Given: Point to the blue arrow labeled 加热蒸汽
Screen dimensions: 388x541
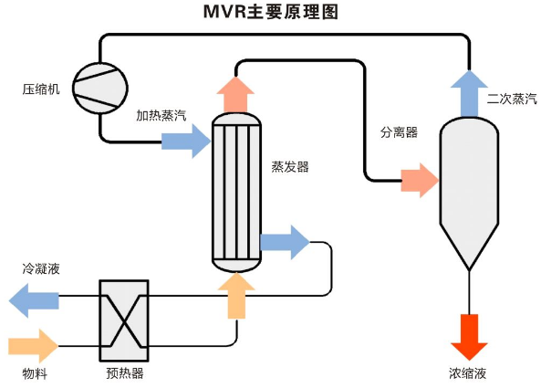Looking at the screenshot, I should point(186,141).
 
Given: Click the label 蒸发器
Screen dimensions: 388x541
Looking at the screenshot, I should point(290,167).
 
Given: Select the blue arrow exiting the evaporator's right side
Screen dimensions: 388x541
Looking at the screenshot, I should point(285,242).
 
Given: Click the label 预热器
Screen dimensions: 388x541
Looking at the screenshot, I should point(124,373).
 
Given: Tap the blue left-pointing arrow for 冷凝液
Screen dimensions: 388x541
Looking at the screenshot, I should point(34,299).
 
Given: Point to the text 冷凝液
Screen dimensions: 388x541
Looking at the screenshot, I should point(41,269).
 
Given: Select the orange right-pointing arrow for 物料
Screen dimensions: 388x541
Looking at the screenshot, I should point(34,346).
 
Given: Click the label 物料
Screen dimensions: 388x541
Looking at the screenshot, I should point(36,373).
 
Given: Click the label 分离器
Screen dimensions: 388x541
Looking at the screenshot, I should point(399,132).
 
